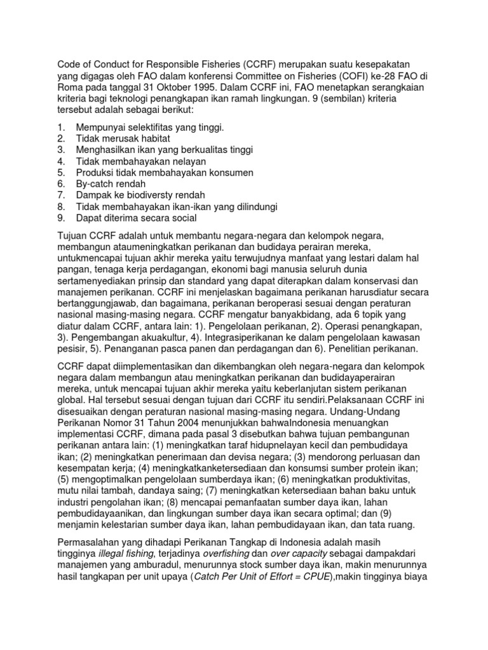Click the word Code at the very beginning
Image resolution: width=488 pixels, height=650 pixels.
pyautogui.click(x=69, y=65)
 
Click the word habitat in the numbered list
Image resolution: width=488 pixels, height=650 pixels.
pyautogui.click(x=152, y=138)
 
